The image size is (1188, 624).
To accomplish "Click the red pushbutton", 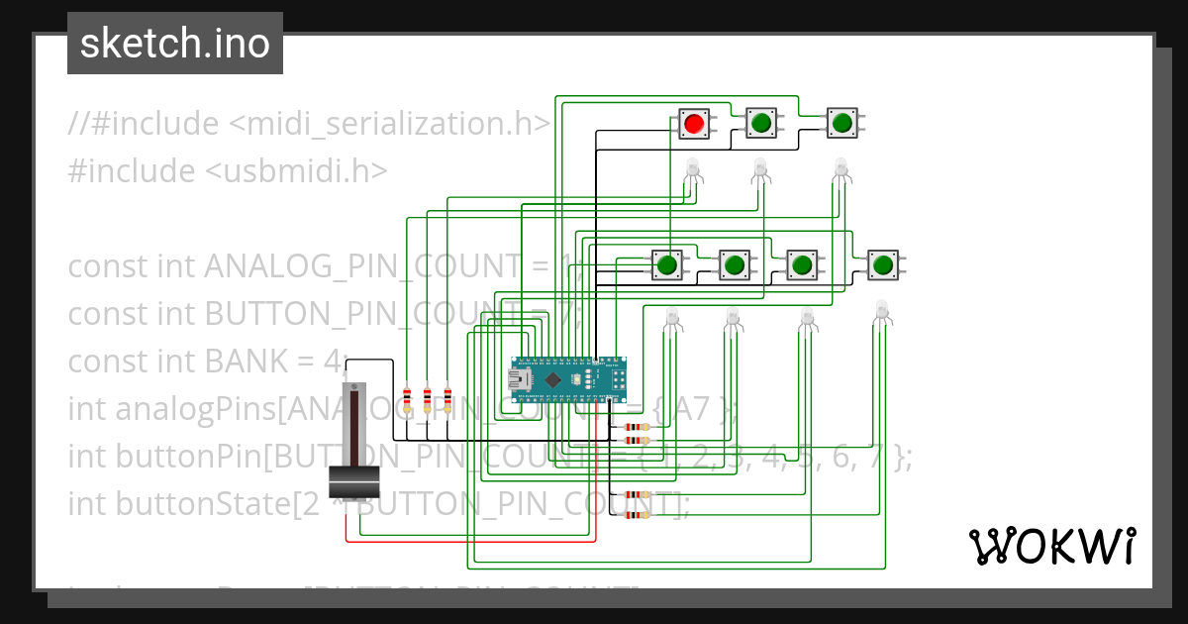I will [x=693, y=123].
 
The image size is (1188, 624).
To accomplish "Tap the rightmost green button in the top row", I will [x=841, y=123].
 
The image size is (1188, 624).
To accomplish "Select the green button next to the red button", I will [x=760, y=123].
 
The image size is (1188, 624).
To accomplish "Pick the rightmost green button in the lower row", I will [x=882, y=264].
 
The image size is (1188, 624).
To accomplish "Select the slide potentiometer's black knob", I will [x=354, y=481].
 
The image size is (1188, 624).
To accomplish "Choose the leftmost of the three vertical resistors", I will [x=407, y=400].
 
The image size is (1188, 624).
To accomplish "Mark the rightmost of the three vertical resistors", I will [x=447, y=400].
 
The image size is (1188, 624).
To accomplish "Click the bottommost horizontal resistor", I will [x=631, y=514].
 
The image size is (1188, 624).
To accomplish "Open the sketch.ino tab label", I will [x=175, y=44].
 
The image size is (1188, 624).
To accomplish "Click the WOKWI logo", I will [x=1051, y=546].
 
